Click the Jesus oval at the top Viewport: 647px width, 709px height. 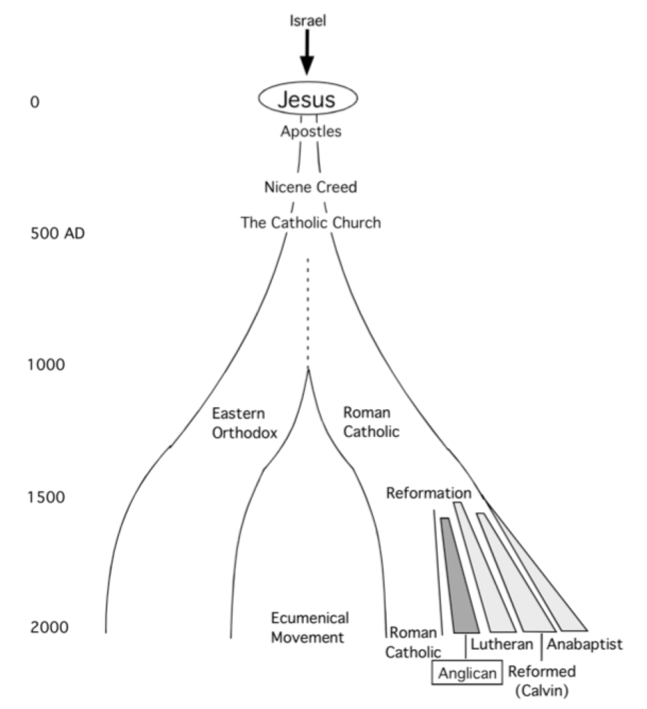coord(308,99)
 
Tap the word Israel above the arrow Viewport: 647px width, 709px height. coord(308,21)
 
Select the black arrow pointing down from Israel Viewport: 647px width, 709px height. coord(307,52)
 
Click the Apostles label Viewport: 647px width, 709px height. coord(311,131)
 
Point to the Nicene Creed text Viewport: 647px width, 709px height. coord(311,187)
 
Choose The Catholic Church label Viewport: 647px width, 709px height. coord(311,223)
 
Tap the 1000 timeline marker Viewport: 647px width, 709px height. coord(46,364)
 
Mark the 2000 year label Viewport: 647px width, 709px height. coord(48,627)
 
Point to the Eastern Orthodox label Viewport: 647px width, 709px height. coord(244,423)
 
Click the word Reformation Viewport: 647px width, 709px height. coord(429,494)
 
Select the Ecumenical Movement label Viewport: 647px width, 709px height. coord(309,627)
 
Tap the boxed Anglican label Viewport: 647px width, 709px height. coord(466,673)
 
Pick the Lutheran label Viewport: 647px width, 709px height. coord(502,645)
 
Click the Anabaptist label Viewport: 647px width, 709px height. coord(585,645)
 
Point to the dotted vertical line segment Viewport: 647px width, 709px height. coord(308,312)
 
